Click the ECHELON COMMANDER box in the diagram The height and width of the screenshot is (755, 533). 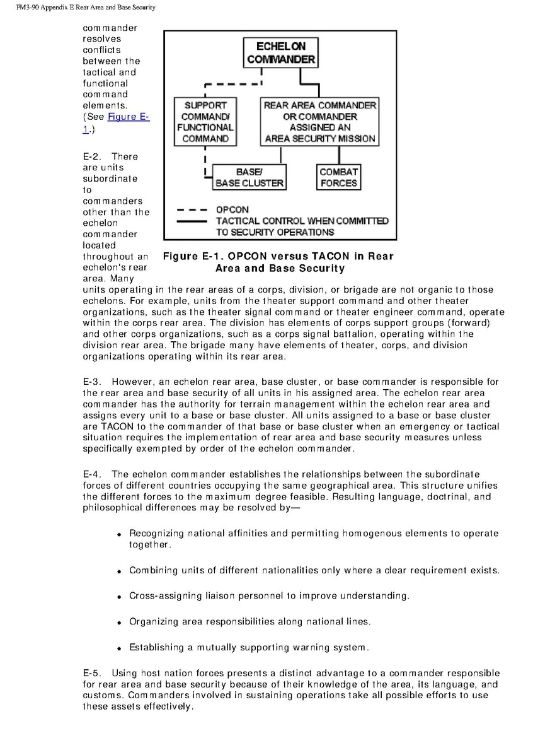click(281, 52)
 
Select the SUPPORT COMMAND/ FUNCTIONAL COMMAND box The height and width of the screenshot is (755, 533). click(205, 122)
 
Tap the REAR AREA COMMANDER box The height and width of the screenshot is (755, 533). click(320, 122)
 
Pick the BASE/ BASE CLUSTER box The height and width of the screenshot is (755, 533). click(249, 177)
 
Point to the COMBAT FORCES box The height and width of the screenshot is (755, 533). click(338, 177)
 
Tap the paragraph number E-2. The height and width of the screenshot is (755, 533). click(92, 156)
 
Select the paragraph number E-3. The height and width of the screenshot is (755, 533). click(92, 382)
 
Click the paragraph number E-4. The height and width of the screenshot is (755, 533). click(92, 474)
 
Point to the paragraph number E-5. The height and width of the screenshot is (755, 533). click(92, 674)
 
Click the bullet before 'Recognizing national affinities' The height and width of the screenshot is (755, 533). click(120, 534)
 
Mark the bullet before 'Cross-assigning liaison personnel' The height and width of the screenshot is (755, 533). click(120, 596)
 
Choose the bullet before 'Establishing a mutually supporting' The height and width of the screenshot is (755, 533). click(120, 648)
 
